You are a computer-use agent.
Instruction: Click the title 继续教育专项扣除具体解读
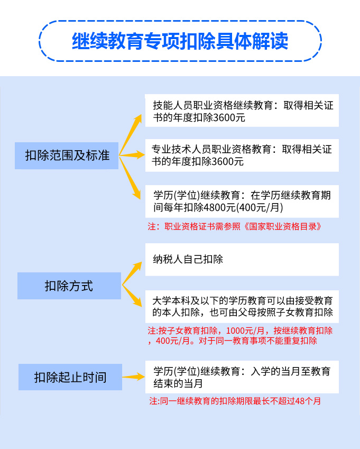[x=180, y=41]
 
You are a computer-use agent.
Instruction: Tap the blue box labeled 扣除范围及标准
[x=67, y=155]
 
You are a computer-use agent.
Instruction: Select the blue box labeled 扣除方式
[x=69, y=286]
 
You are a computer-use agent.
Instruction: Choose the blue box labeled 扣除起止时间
[x=70, y=377]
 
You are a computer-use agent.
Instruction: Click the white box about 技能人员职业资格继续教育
[x=242, y=110]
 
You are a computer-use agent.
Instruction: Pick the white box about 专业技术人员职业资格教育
[x=242, y=155]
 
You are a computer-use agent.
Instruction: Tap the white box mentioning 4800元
[x=242, y=201]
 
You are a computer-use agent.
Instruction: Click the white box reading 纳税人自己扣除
[x=242, y=260]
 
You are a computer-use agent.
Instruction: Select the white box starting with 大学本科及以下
[x=242, y=306]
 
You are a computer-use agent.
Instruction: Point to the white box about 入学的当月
[x=242, y=377]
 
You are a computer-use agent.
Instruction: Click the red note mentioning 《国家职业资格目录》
[x=235, y=226]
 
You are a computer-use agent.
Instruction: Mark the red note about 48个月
[x=235, y=401]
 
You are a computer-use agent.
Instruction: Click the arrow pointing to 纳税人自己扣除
[x=132, y=273]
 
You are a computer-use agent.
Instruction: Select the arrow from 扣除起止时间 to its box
[x=134, y=377]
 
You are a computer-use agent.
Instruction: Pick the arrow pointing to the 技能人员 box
[x=131, y=134]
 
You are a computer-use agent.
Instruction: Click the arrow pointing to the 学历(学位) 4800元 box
[x=130, y=178]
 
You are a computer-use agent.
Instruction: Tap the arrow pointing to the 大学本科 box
[x=132, y=296]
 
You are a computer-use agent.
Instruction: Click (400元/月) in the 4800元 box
[x=260, y=207]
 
